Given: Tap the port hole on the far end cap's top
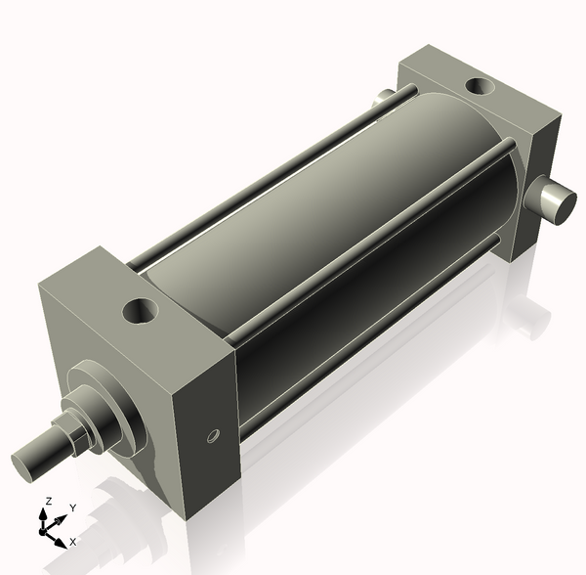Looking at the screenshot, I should tap(480, 86).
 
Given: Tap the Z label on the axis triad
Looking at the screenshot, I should tap(48, 502).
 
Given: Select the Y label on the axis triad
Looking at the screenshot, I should tap(73, 509).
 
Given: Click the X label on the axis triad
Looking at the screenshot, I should tap(73, 541).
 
